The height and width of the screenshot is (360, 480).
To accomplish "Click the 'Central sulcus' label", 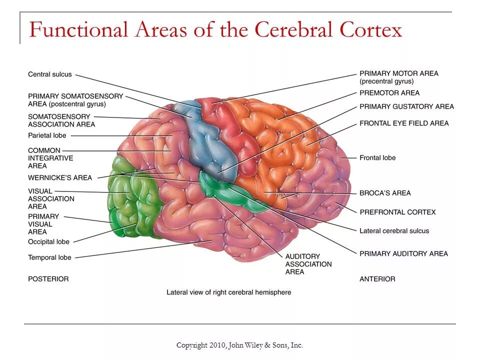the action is coord(50,74).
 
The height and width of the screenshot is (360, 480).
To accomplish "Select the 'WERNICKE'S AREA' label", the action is coord(60,177).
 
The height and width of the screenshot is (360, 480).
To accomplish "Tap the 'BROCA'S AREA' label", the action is coord(385,193).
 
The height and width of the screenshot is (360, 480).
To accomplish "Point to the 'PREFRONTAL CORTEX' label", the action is coord(397,212).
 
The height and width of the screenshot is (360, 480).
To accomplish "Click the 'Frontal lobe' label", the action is coord(377,158).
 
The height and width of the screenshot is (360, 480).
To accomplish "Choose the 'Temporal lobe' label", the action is coord(49,257).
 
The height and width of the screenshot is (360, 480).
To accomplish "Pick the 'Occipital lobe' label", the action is coord(48,242).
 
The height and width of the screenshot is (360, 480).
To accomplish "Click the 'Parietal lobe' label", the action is coord(47,135).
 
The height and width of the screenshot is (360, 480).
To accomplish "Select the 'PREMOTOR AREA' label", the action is coord(389,93).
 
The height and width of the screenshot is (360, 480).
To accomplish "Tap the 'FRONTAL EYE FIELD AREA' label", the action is coord(404,123).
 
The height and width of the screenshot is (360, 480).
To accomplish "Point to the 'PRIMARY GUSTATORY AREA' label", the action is coord(406,106).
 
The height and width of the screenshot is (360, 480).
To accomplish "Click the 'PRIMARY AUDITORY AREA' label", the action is coord(403,253).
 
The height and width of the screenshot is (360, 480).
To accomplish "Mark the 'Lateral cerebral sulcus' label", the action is coord(394,231).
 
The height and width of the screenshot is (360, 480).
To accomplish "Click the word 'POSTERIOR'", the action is coord(48,278).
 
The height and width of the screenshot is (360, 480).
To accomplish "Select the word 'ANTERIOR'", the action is coord(377,279).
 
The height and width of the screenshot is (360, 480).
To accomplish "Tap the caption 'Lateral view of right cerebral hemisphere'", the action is coord(228,292).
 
